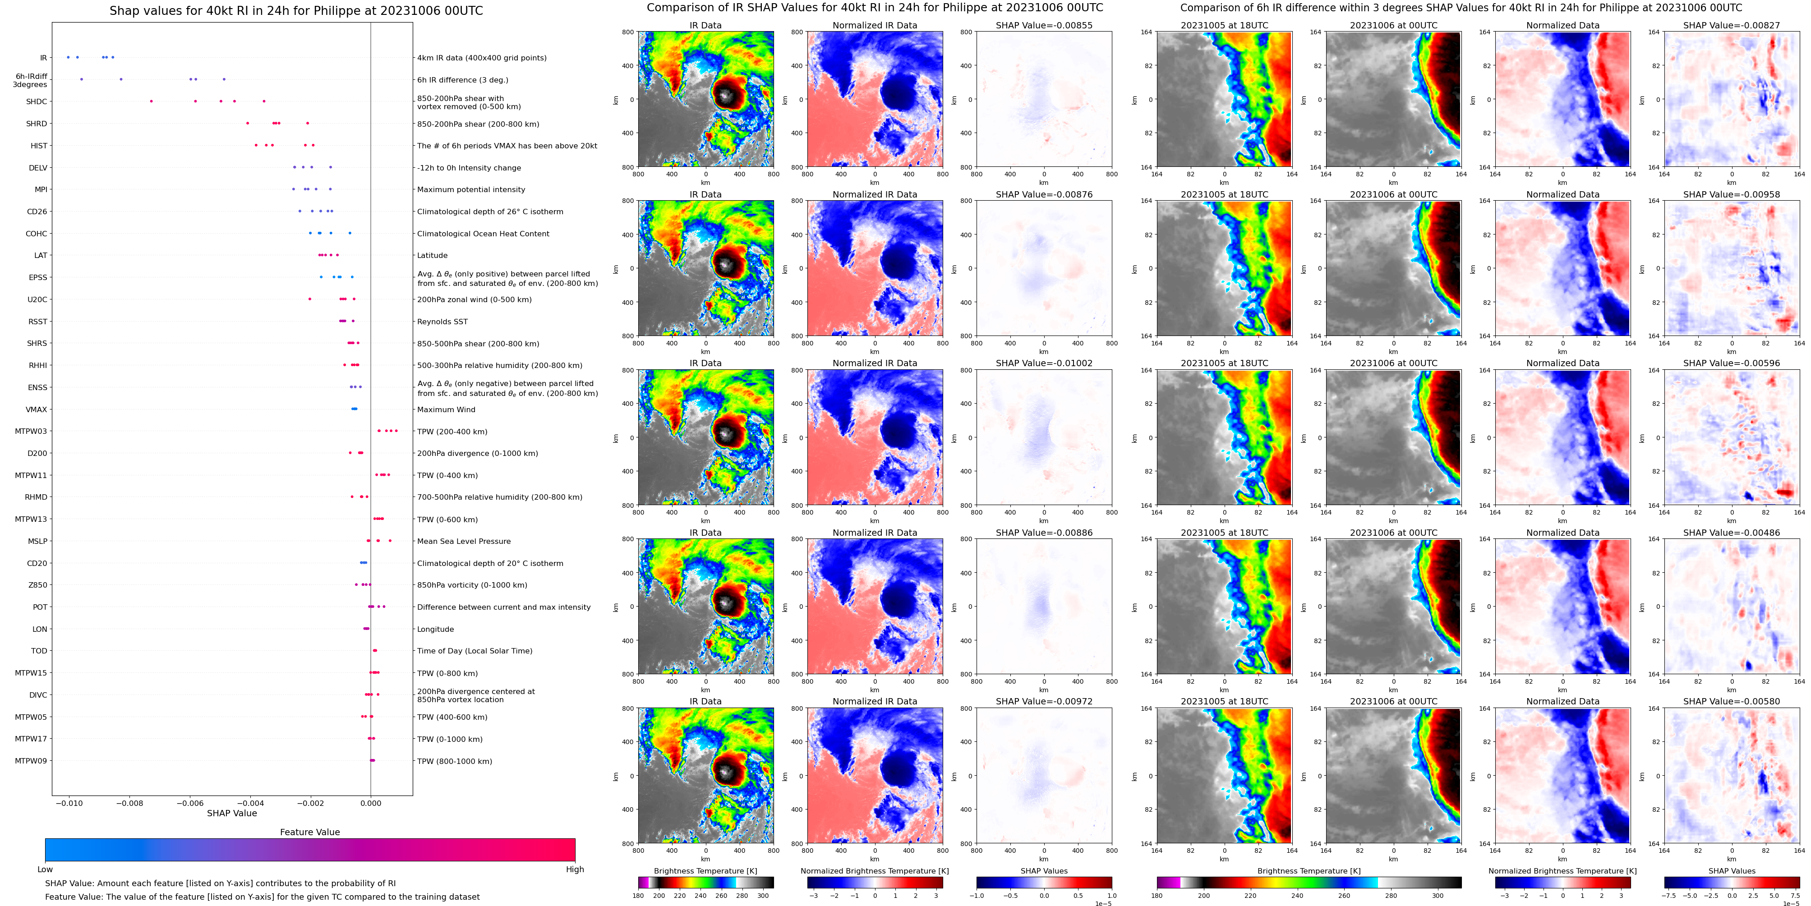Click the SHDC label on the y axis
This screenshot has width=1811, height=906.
[x=37, y=102]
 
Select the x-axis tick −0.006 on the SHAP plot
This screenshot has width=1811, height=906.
[x=190, y=803]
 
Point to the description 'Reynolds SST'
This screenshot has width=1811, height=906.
[x=442, y=322]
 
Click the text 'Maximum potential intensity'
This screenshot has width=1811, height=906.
[x=471, y=190]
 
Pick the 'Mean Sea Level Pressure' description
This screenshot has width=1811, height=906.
[x=464, y=541]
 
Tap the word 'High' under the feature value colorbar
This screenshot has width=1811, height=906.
[x=575, y=869]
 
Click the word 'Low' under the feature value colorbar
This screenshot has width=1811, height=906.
[x=45, y=869]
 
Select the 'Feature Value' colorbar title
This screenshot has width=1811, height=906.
[x=310, y=832]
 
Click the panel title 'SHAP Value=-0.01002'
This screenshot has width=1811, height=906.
[x=1044, y=363]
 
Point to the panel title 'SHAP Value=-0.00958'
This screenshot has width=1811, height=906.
[x=1732, y=195]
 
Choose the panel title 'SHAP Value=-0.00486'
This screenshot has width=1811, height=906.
[x=1732, y=533]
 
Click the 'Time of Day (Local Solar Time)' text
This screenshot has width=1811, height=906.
[x=475, y=651]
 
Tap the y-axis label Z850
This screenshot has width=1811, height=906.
[x=38, y=585]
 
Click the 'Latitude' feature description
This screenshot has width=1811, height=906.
[x=433, y=256]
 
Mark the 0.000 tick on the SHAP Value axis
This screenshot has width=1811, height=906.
[x=370, y=803]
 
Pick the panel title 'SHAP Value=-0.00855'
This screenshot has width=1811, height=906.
[x=1044, y=25]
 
